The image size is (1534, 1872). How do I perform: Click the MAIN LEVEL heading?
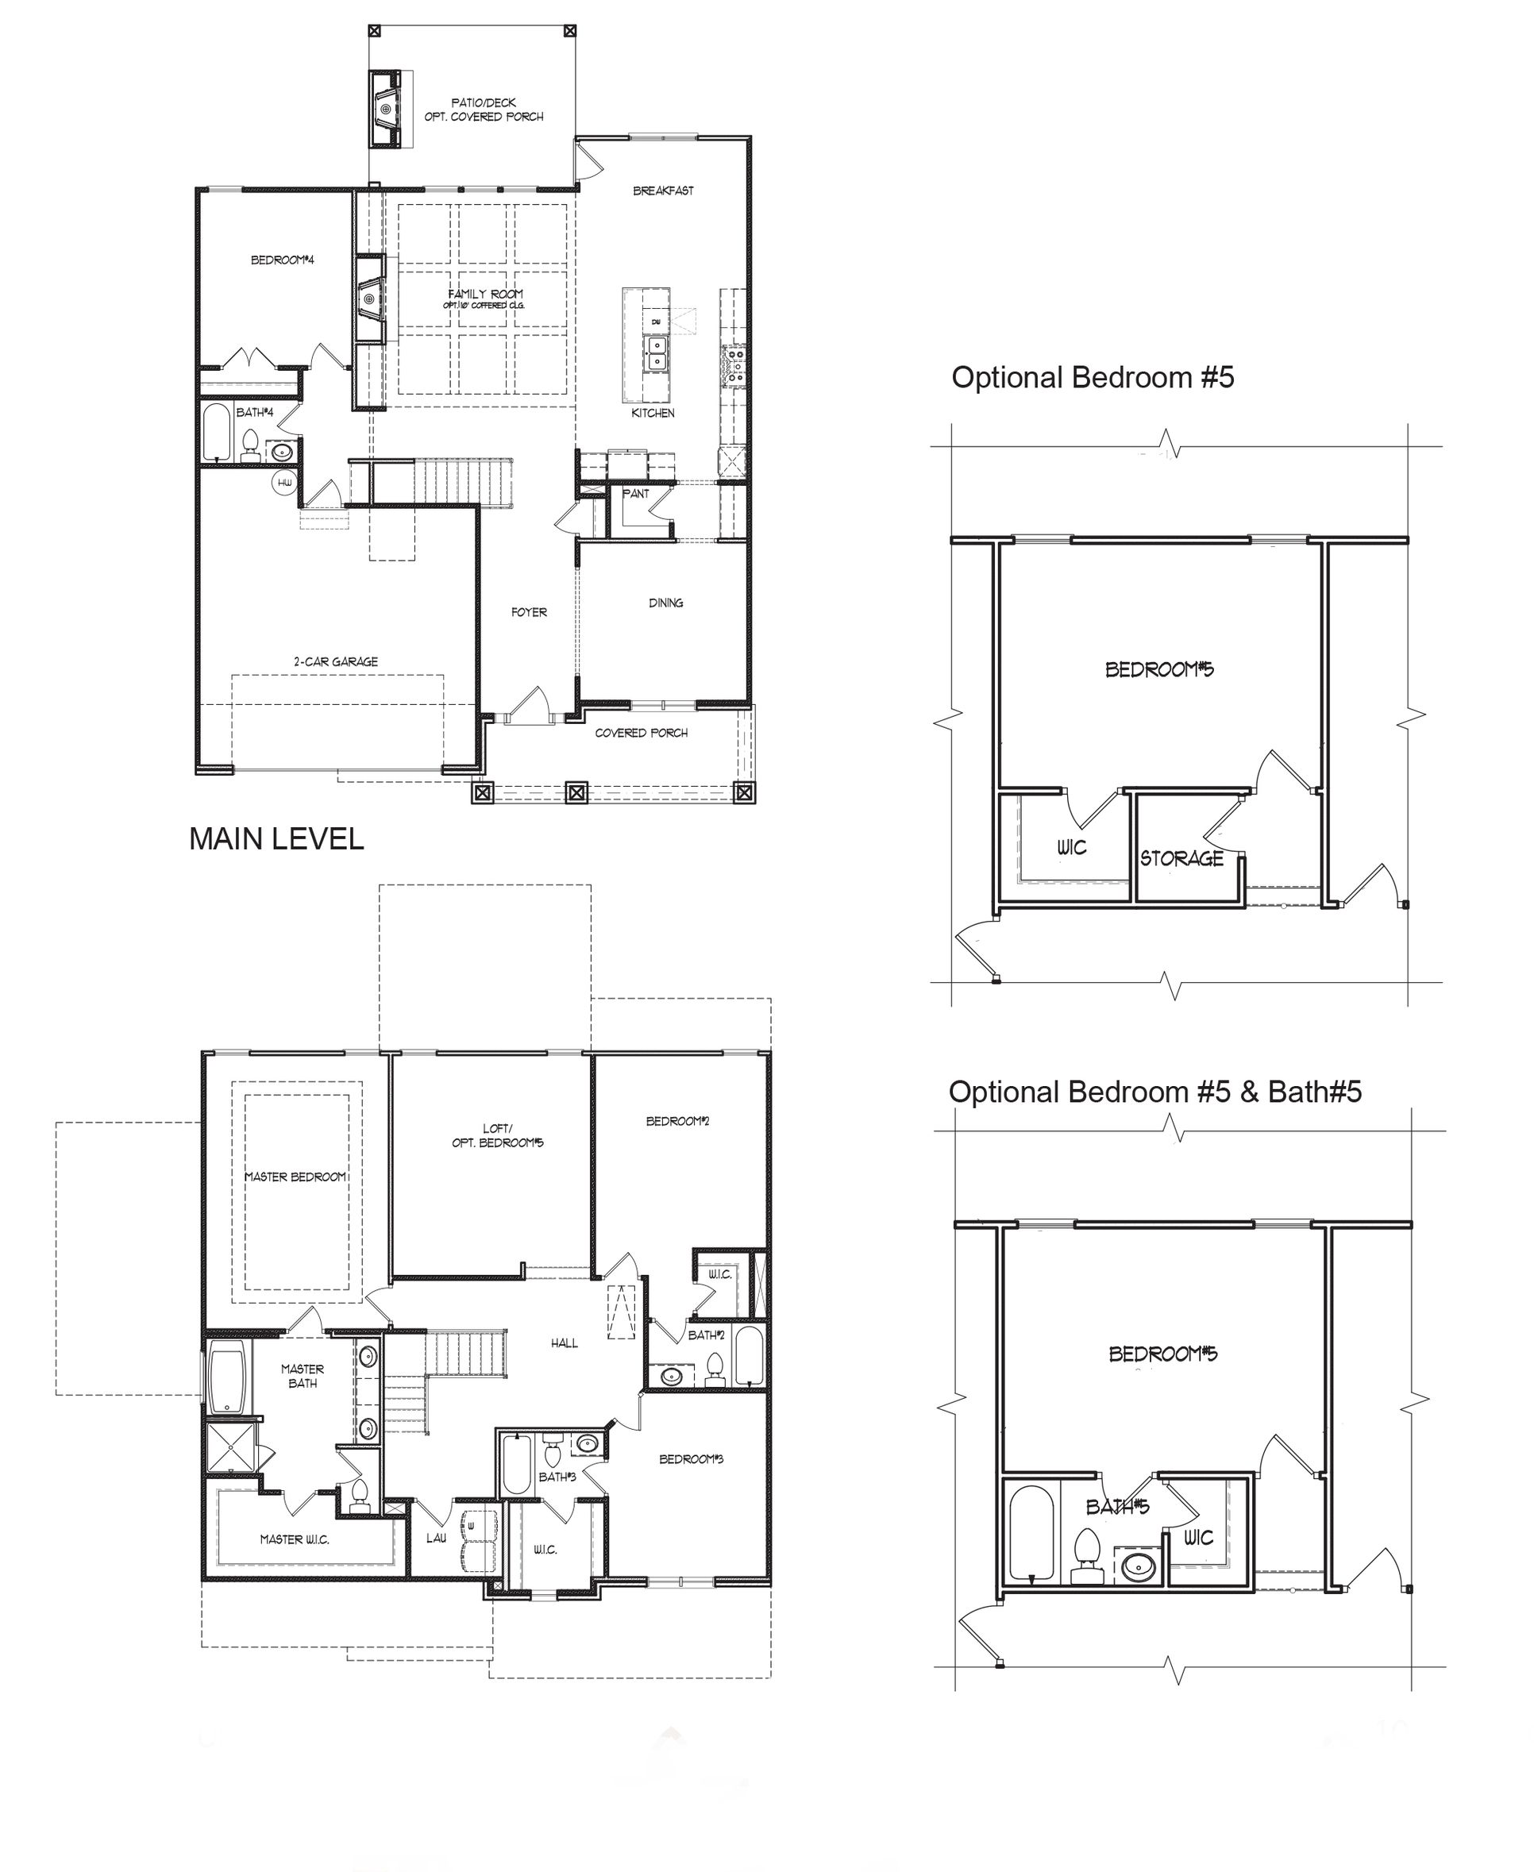pos(276,838)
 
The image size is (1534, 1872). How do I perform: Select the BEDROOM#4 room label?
pos(282,260)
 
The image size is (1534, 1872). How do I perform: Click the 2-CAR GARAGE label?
pos(336,661)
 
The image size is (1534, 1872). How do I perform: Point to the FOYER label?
pos(529,611)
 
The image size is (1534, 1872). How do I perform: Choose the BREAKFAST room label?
pos(663,190)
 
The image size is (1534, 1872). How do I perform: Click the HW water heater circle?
pos(284,483)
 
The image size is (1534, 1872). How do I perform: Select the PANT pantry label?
pos(635,494)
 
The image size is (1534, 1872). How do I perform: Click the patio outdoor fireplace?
pos(386,109)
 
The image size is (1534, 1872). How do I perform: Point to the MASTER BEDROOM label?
pos(295,1177)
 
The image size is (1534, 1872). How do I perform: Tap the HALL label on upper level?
pos(564,1342)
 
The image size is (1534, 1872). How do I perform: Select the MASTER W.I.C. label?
pos(295,1539)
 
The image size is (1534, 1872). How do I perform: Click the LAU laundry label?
pos(436,1538)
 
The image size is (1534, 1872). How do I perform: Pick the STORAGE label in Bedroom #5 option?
pos(1181,858)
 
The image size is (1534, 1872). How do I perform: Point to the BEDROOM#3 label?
pos(691,1458)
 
